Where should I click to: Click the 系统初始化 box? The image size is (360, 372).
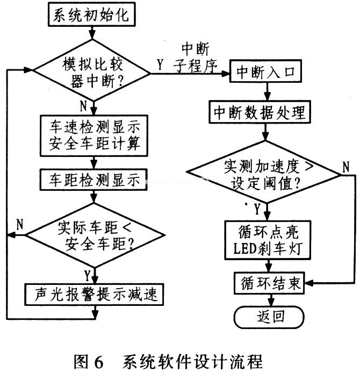[x=92, y=15]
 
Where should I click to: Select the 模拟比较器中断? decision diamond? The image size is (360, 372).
[x=92, y=71]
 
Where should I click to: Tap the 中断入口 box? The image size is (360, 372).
[x=265, y=71]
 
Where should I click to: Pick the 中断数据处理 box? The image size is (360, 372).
[x=260, y=112]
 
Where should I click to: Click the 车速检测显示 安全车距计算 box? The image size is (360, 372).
[x=94, y=135]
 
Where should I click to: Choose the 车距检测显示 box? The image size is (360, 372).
[x=93, y=180]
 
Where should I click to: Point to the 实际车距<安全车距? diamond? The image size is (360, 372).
[x=95, y=235]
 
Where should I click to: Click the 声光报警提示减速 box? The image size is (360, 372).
[x=94, y=294]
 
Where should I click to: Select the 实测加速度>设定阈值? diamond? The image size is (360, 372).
[x=264, y=172]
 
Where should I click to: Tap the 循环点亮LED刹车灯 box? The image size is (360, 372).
[x=268, y=240]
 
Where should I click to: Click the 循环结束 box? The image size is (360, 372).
[x=269, y=283]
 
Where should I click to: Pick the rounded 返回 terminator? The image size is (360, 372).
[x=269, y=317]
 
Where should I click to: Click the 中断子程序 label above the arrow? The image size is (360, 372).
[x=195, y=58]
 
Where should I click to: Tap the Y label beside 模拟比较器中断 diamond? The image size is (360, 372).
[x=160, y=65]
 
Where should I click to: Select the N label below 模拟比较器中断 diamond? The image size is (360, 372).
[x=83, y=106]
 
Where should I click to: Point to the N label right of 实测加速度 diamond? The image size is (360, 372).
[x=346, y=167]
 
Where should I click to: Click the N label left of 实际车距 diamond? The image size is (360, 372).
[x=20, y=224]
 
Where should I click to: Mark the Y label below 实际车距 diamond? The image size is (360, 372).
[x=88, y=275]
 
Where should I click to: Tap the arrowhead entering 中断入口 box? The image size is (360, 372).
[x=226, y=74]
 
